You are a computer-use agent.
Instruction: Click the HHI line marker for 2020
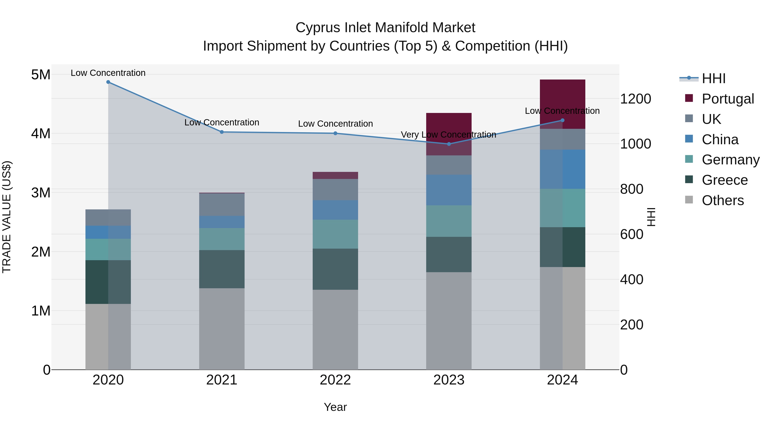[108, 82]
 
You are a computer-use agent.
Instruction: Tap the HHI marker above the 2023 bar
[449, 144]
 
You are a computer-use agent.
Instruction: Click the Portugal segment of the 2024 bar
[562, 99]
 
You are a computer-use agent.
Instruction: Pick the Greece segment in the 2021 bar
[222, 269]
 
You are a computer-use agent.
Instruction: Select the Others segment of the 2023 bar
[449, 320]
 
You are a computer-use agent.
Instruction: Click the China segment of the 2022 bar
[335, 210]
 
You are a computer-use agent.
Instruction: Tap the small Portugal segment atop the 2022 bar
[335, 176]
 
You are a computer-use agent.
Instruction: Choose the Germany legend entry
[730, 160]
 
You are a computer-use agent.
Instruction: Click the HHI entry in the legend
[714, 78]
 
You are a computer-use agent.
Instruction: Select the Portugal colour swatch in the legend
[689, 98]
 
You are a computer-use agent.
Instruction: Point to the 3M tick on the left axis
[41, 193]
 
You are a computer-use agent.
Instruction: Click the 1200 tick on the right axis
[635, 99]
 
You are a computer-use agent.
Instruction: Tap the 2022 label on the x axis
[335, 380]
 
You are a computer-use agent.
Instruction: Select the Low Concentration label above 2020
[108, 73]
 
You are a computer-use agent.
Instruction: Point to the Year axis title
[335, 407]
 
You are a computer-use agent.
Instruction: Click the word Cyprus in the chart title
[317, 28]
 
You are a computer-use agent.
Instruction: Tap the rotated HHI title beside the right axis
[651, 217]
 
